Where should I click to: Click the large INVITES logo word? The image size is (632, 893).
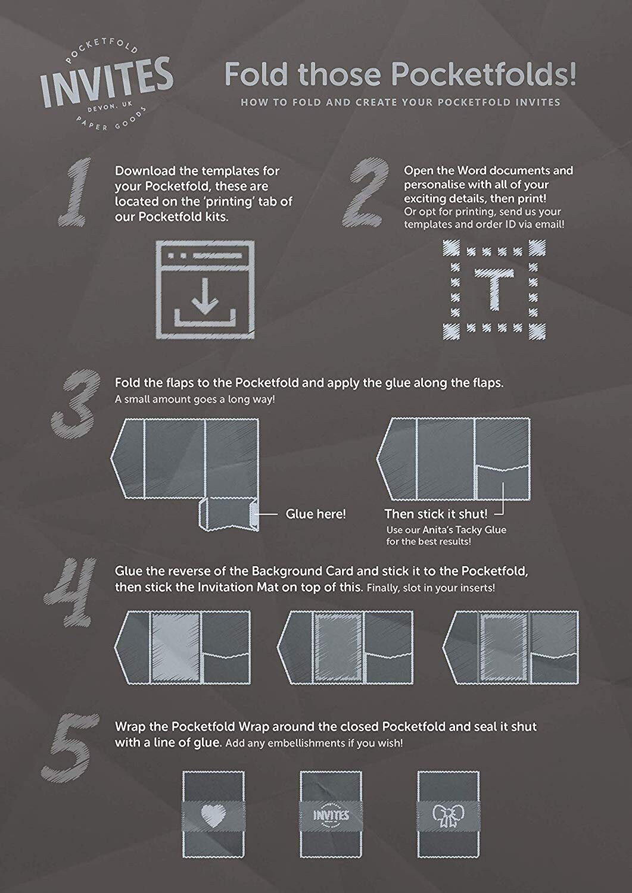point(107,83)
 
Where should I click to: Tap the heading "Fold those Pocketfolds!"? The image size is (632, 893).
point(401,74)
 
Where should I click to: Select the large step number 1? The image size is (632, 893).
point(76,192)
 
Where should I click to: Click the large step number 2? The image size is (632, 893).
point(366,193)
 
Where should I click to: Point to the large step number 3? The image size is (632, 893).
point(76,404)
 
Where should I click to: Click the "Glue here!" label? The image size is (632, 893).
point(316,514)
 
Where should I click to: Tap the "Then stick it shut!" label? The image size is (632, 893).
point(436,514)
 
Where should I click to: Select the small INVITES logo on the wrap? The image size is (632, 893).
point(331,814)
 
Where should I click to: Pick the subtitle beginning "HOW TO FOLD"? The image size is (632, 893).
point(401,102)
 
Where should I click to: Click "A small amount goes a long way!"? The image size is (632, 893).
point(195,399)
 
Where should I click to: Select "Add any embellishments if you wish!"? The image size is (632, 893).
point(314,743)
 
